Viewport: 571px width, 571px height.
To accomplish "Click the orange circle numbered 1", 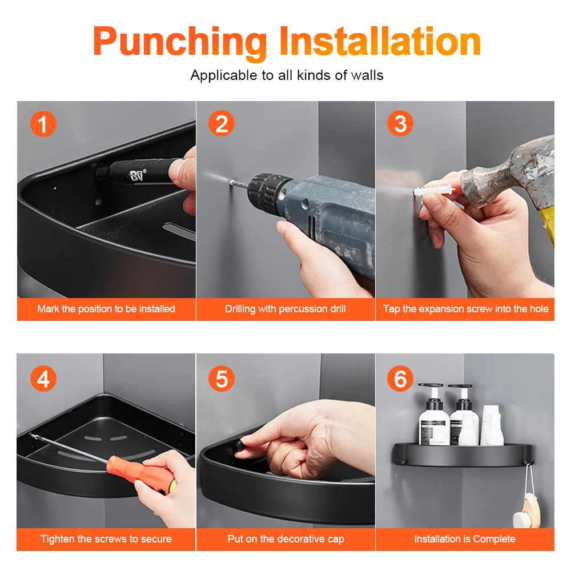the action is pyautogui.click(x=43, y=124).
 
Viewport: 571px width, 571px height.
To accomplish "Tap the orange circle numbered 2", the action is pyautogui.click(x=222, y=123).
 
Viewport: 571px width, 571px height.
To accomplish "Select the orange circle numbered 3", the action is pyautogui.click(x=400, y=123).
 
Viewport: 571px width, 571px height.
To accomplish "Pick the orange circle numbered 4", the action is pyautogui.click(x=43, y=379).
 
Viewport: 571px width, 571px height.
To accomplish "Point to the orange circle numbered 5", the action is pyautogui.click(x=222, y=379).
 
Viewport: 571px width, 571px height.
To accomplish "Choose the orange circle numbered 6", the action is pyautogui.click(x=400, y=379).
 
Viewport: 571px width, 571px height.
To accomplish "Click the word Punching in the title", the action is pyautogui.click(x=180, y=43).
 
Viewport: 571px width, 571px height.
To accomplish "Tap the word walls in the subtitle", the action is pyautogui.click(x=367, y=75).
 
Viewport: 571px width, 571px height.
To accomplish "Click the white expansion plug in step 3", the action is pyautogui.click(x=433, y=190).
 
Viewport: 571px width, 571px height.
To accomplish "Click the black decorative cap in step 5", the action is pyautogui.click(x=238, y=445).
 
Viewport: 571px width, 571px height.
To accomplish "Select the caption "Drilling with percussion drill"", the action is pyautogui.click(x=285, y=309).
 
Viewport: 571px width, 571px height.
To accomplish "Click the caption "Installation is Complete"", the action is pyautogui.click(x=465, y=539).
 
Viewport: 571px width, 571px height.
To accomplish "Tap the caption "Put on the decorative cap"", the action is pyautogui.click(x=286, y=539).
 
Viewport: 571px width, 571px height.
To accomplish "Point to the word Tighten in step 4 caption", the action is pyautogui.click(x=58, y=539).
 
